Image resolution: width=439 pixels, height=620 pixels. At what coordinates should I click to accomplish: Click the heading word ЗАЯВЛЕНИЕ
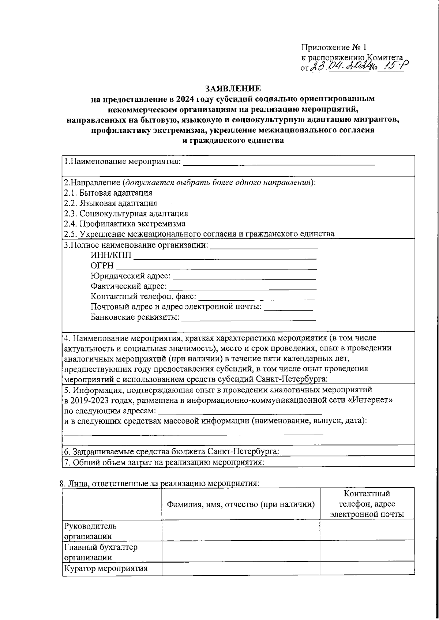pos(233,88)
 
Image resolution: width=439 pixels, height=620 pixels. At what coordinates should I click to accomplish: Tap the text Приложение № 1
pos(333,48)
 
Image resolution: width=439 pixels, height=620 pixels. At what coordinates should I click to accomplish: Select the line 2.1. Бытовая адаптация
pos(108,193)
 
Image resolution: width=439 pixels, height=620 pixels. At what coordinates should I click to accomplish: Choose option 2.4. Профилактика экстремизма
pos(125,224)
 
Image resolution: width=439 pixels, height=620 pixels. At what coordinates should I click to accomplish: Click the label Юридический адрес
pos(130,276)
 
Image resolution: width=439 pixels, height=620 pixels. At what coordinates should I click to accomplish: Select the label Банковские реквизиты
pos(135,317)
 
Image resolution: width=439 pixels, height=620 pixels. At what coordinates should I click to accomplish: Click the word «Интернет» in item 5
pos(371,400)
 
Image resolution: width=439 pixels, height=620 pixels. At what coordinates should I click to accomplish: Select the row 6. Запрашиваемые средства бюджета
pos(172,451)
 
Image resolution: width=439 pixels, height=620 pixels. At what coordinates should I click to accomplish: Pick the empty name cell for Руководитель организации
pos(241,531)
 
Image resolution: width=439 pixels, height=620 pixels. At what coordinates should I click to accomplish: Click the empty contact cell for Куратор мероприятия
pos(367,569)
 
